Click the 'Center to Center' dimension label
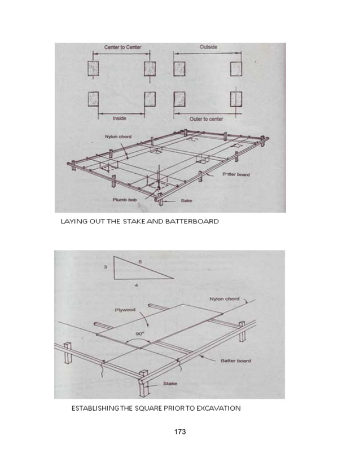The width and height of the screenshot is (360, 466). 123,47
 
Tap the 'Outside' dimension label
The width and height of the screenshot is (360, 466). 208,47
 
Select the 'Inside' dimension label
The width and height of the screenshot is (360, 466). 119,118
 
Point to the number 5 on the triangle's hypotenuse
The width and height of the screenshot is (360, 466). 139,261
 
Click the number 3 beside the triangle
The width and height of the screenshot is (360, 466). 106,268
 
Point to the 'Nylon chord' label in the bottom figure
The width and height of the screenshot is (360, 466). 223,299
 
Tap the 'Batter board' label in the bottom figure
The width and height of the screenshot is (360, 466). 236,360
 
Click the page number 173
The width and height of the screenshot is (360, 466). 179,432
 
